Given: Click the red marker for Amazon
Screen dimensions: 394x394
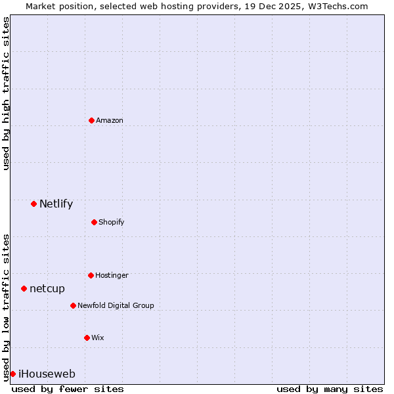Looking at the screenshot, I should [91, 120].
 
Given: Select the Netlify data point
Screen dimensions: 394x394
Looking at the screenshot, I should [33, 204].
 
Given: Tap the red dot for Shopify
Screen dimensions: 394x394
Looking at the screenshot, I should [94, 222].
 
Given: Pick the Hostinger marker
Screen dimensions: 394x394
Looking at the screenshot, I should [91, 275].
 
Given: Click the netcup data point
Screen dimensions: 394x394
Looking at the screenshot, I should [24, 288].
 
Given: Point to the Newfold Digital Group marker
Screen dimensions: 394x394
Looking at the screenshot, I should [73, 305].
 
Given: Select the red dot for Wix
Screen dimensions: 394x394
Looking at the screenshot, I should [87, 338].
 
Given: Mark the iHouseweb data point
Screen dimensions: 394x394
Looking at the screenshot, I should [12, 374].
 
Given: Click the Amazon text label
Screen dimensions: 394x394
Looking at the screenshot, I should [110, 120].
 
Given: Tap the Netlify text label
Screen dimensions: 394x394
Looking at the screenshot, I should [56, 204].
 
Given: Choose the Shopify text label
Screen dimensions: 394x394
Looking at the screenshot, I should [112, 222].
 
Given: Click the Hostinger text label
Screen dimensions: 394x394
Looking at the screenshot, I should [112, 275].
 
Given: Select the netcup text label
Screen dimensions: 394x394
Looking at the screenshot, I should [47, 288].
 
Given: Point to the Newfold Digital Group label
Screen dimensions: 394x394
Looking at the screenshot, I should [116, 305].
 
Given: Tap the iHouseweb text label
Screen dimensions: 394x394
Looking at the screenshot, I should [47, 374].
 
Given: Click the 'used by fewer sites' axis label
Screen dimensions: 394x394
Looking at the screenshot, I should [68, 389].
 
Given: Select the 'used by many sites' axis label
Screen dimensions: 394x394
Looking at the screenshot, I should [330, 389].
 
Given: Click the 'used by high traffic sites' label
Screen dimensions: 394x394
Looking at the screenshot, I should [6, 93].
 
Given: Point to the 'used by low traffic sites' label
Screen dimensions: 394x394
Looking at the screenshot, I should [6, 307].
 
